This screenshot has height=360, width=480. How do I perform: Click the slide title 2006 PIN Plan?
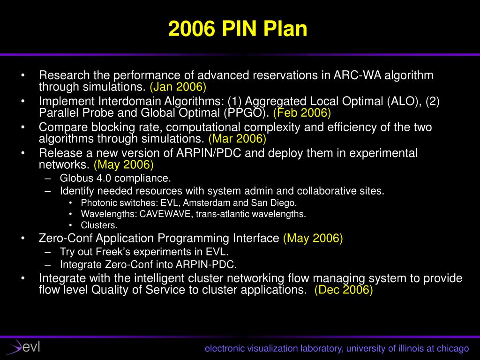point(238,29)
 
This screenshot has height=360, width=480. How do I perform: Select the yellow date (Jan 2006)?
point(178,87)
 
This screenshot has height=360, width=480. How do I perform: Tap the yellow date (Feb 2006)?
point(302,113)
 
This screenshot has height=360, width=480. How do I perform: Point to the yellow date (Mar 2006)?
point(237,139)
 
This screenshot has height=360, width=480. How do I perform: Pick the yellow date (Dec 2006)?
point(344,290)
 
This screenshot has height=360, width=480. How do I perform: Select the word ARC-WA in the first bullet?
point(357,75)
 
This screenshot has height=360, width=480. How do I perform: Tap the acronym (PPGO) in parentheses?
point(247,113)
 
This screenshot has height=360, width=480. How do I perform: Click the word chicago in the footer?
point(453,348)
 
